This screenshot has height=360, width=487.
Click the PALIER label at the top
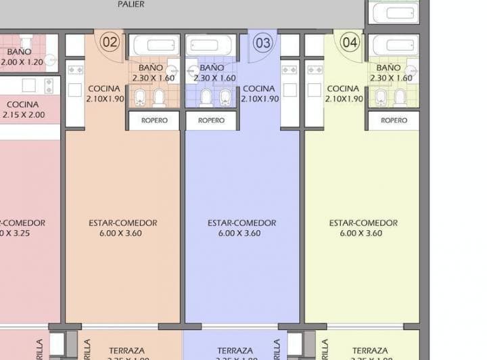click(x=131, y=5)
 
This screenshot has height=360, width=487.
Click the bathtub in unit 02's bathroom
click(x=156, y=46)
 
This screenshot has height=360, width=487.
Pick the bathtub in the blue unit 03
click(x=210, y=46)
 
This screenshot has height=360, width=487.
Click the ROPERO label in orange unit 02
click(x=154, y=120)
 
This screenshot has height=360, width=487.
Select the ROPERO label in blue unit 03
click(x=211, y=120)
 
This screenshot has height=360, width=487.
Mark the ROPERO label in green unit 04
click(x=394, y=120)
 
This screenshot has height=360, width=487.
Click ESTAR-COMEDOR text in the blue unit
click(x=241, y=223)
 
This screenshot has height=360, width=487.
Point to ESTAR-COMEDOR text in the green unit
click(x=363, y=223)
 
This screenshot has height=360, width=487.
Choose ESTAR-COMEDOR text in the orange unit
click(x=122, y=223)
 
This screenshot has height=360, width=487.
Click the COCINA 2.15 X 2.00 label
click(x=24, y=116)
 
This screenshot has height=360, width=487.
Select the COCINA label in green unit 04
click(x=343, y=89)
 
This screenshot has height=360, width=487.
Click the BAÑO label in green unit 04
click(x=388, y=68)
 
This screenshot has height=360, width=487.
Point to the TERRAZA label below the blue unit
click(x=235, y=351)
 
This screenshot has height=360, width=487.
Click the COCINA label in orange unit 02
click(x=103, y=89)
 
